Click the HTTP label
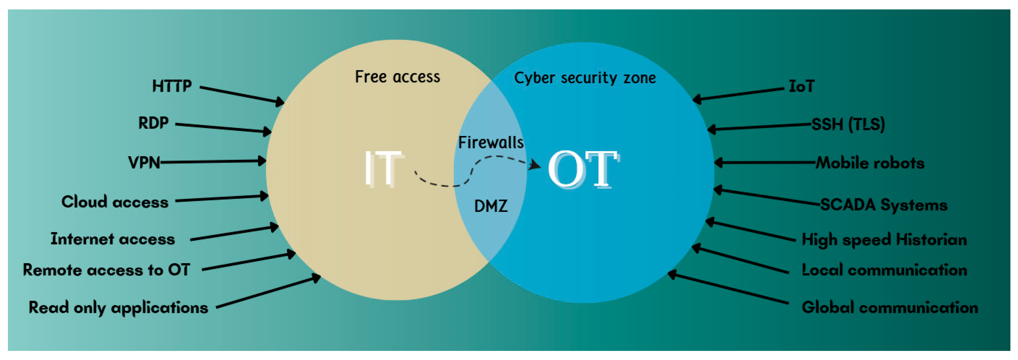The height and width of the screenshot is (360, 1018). coord(172,86)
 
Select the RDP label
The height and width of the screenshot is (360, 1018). coord(153,123)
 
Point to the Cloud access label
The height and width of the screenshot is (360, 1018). coord(114,202)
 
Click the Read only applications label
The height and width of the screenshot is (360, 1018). coord(118,307)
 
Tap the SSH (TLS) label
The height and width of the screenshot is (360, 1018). coord(848,124)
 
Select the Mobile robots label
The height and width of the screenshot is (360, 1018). coord(870,163)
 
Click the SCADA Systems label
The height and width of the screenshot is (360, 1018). coord(884,205)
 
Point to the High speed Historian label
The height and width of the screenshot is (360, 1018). coord(884,239)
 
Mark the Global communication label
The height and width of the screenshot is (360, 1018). coord(890,307)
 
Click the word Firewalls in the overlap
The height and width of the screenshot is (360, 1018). coord(490,142)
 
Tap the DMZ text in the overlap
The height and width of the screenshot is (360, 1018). coord(490,206)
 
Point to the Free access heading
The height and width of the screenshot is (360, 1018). coord(397,77)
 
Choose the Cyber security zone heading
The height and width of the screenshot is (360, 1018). coord(584,78)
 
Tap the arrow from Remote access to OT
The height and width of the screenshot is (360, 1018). coord(249,262)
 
